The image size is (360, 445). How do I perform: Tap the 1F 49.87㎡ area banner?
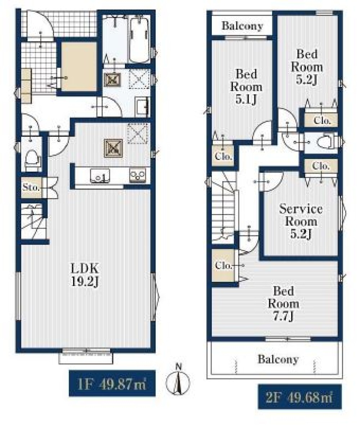point(112,383)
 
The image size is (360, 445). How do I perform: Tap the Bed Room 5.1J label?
point(246,87)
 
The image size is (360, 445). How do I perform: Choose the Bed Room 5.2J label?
point(307,67)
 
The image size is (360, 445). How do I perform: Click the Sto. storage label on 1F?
point(31,187)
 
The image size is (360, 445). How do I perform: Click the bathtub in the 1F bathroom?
point(139,40)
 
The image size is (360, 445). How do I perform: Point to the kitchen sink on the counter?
point(100,175)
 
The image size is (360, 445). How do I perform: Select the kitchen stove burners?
point(138,175)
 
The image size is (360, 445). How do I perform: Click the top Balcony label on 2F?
point(242,26)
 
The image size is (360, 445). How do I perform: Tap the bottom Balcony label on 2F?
point(278,359)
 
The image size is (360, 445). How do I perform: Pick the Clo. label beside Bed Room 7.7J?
point(223,266)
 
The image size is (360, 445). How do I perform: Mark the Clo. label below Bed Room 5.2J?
point(322,121)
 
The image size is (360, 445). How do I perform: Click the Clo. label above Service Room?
point(321,166)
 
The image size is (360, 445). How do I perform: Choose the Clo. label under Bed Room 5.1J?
point(223,156)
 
